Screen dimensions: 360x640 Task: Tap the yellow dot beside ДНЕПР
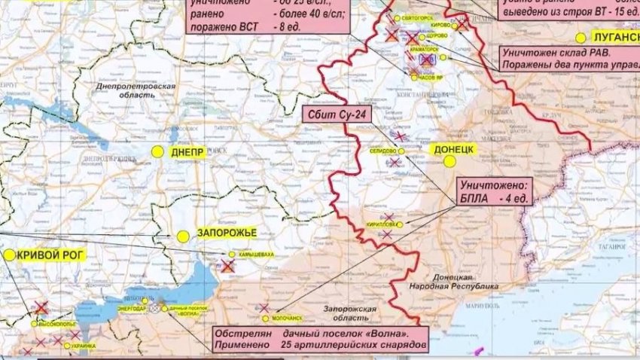(157, 151)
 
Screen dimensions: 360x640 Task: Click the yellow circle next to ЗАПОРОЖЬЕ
(183, 236)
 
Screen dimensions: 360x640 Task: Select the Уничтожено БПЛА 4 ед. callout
(495, 190)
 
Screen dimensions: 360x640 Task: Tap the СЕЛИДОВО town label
(382, 151)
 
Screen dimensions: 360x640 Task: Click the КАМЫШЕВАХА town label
(256, 255)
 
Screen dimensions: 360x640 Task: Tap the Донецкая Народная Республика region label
(454, 282)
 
